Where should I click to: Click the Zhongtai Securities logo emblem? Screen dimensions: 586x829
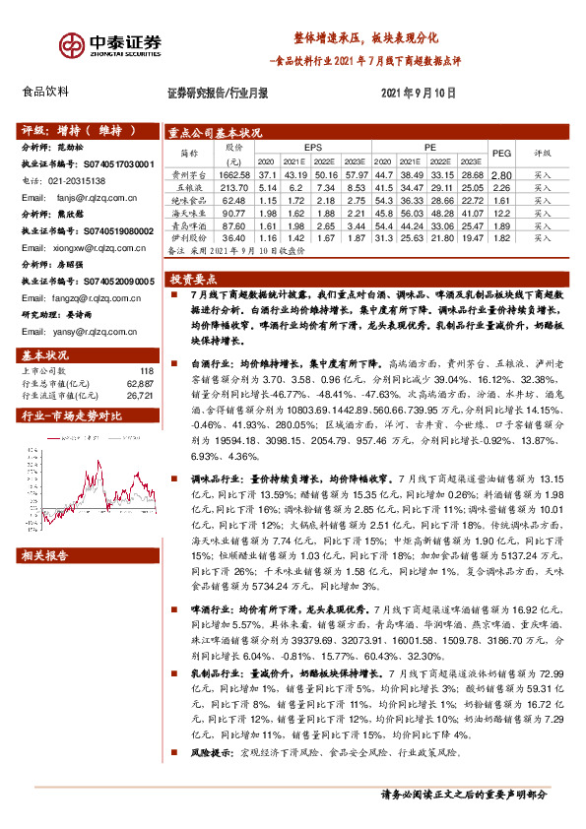[x=70, y=46]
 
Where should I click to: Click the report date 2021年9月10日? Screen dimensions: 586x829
[x=418, y=93]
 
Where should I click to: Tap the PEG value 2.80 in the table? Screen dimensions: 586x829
[x=501, y=173]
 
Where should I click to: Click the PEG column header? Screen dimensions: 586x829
[x=501, y=153]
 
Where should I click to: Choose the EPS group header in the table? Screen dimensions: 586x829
[x=312, y=146]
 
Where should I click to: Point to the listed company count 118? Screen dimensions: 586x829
[x=147, y=370]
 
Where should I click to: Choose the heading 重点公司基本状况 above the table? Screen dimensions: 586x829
[x=216, y=132]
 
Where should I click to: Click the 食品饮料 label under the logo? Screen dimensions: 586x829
[x=45, y=92]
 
